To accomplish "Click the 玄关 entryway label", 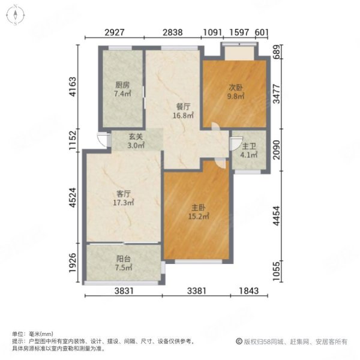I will [134, 136].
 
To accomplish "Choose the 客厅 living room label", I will [124, 194].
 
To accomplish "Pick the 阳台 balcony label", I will [123, 259].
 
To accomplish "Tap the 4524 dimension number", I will [73, 199].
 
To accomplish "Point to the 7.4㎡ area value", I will [122, 94].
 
